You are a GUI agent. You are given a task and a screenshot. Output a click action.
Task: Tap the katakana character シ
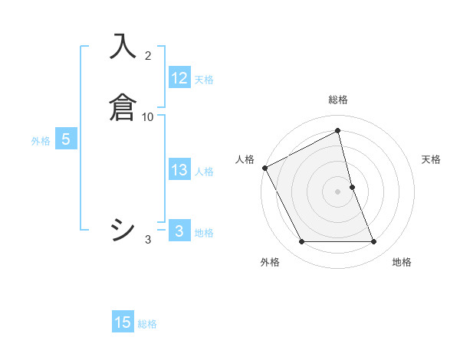pos(123,230)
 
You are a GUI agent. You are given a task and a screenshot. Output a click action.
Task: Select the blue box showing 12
pos(179,78)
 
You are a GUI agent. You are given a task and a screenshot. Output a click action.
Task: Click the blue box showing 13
pos(179,170)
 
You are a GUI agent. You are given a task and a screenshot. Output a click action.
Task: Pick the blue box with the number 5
pos(66,139)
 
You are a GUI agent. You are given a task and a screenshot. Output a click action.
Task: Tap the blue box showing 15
pos(123,322)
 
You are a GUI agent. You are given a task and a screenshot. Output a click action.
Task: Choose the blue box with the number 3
pos(179,231)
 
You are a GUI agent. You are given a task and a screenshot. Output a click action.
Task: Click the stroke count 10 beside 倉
pos(148,116)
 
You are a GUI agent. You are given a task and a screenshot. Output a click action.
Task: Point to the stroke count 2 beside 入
pos(148,56)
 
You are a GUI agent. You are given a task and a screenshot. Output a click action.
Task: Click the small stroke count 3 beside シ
pos(148,240)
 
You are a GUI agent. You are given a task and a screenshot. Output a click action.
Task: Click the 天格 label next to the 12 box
pos(204,80)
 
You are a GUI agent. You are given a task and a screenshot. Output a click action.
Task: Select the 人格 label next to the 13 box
pos(205,172)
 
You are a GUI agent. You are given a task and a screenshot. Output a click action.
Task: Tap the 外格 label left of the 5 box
pos(41,141)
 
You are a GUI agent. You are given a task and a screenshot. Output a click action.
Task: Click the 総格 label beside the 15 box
pos(147,324)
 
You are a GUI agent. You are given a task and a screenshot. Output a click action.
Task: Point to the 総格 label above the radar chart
pos(337,100)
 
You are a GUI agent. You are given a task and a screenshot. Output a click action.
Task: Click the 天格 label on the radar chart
pos(432,159)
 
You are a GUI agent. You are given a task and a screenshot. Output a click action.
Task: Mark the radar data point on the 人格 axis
pos(264,168)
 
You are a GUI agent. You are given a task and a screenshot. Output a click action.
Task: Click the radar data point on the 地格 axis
pos(374,242)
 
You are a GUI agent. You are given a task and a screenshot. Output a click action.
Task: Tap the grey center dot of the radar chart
pos(337,191)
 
